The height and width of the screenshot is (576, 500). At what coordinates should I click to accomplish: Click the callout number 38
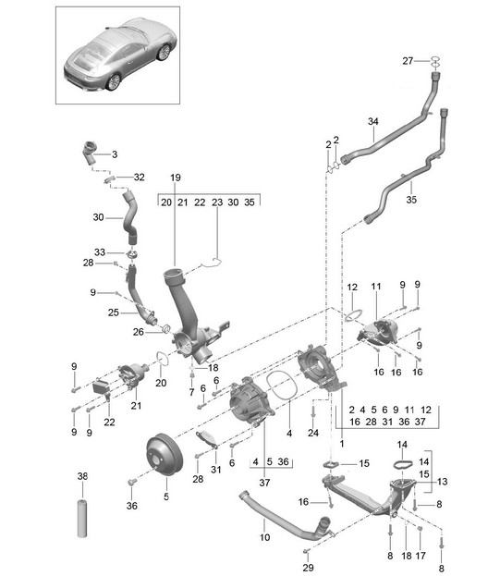[82, 476]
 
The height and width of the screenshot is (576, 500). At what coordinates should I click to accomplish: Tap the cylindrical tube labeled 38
[82, 518]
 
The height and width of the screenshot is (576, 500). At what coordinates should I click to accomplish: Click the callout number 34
[373, 121]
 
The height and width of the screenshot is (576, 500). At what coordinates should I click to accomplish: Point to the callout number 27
[408, 61]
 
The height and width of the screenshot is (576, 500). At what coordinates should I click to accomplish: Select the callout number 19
[176, 178]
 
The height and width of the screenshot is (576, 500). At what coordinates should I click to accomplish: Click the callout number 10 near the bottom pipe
[264, 537]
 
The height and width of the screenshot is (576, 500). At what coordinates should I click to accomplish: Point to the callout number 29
[308, 568]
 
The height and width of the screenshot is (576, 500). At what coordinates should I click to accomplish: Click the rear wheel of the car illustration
[114, 82]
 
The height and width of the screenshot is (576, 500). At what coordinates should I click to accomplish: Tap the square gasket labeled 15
[332, 464]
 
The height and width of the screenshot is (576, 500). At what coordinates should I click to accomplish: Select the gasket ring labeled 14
[403, 464]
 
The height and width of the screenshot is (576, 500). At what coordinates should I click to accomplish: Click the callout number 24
[313, 433]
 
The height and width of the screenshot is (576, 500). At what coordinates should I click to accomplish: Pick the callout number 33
[100, 252]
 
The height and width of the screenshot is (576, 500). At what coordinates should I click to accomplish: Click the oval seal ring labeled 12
[354, 315]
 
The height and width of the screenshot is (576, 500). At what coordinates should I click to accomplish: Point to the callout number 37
[264, 483]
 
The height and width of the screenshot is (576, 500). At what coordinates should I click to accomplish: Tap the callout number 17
[421, 556]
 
